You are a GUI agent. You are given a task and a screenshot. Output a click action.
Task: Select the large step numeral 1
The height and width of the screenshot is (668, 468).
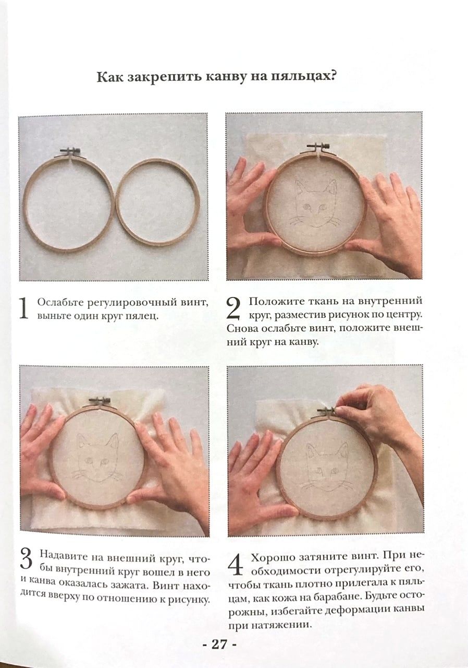[23, 308]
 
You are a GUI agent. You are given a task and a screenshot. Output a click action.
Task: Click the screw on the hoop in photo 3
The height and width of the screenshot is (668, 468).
[99, 400]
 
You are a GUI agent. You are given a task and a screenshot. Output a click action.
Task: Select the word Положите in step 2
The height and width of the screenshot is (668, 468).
[273, 302]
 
